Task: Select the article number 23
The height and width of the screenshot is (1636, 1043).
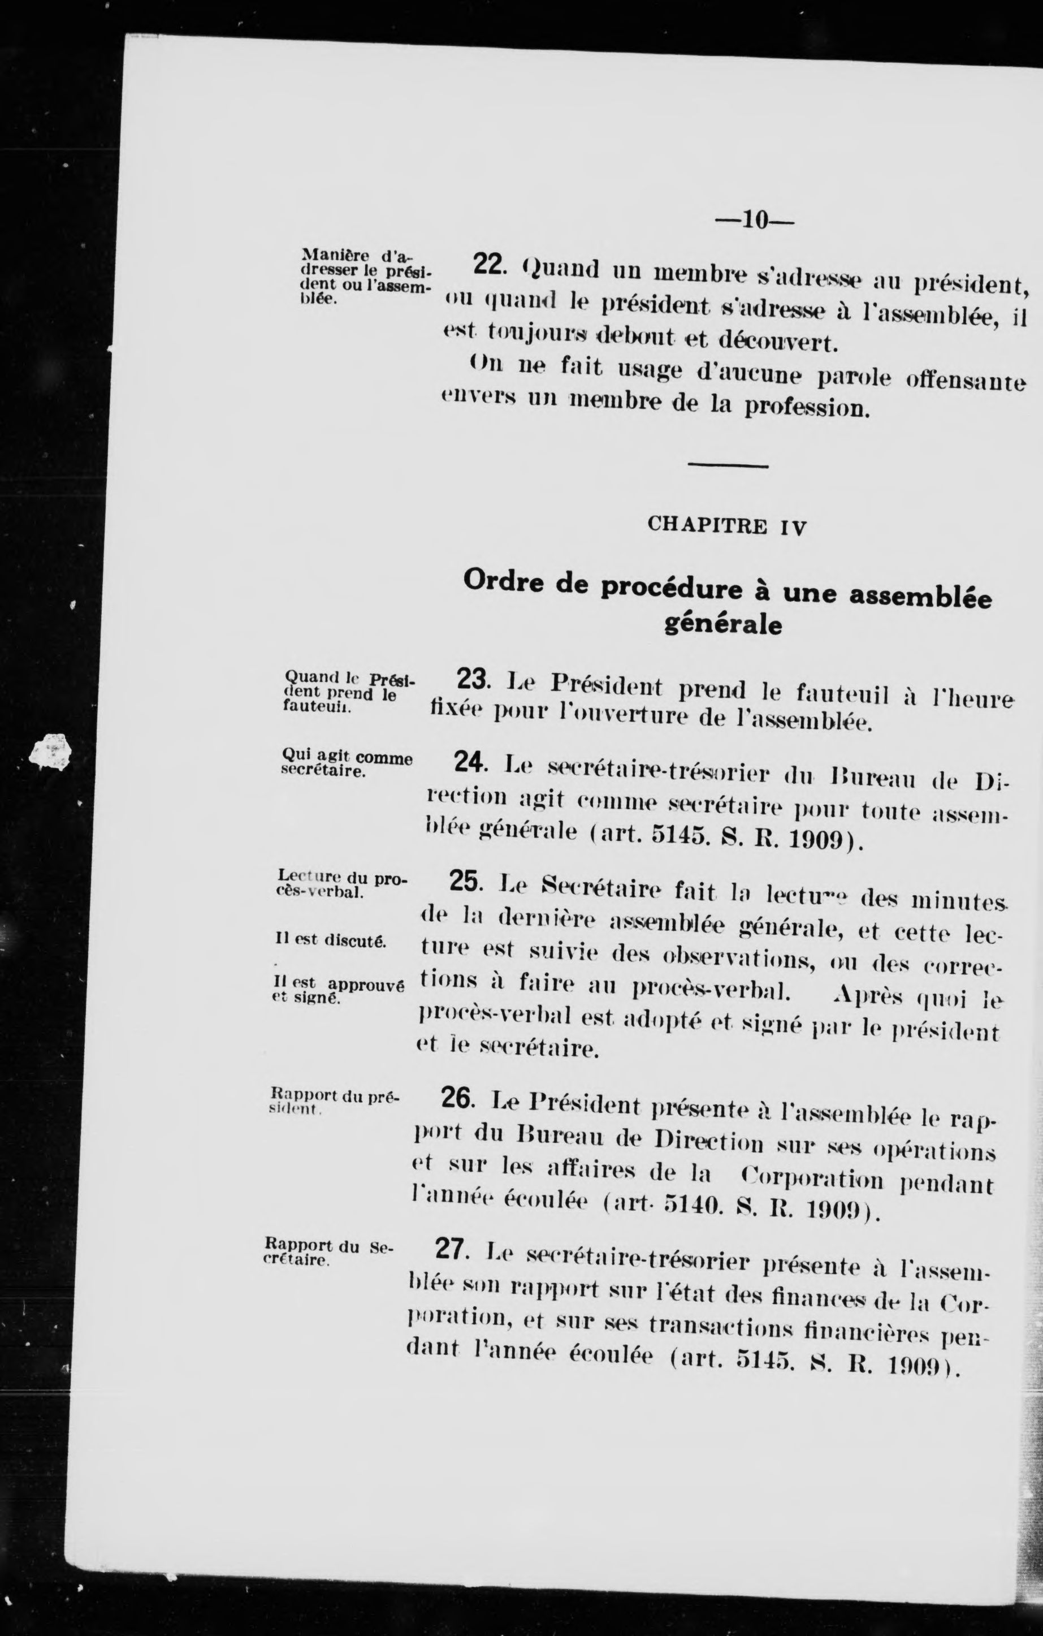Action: tap(473, 679)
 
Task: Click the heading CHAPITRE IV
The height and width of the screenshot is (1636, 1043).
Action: tap(726, 526)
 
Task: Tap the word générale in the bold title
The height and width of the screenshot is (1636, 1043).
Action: tap(722, 624)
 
